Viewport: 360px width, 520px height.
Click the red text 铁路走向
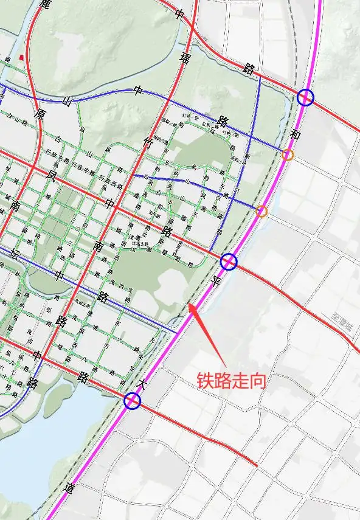231,381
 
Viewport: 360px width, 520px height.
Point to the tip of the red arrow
190,304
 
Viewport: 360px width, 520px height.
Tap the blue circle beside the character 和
305,97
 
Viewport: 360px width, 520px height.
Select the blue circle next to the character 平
228,262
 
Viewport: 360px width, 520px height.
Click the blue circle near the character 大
132,401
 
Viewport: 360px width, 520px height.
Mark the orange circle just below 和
288,154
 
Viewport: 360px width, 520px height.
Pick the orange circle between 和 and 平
261,211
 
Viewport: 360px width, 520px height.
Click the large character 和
296,134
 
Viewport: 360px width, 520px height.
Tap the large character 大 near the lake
144,384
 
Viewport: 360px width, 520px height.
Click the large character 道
69,488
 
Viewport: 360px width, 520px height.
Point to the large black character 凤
52,177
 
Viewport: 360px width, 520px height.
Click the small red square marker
22,58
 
